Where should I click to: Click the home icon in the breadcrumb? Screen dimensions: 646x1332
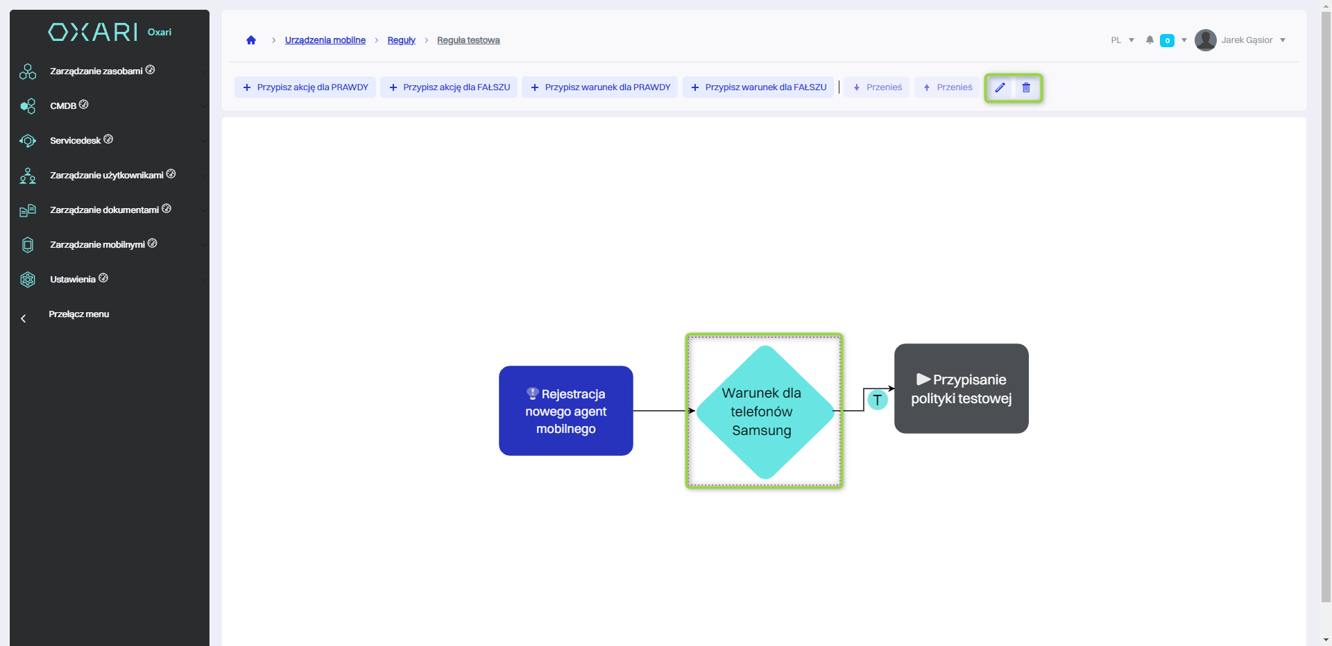251,40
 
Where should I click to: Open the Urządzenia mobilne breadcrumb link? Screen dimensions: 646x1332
325,40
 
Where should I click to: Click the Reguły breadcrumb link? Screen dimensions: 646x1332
401,40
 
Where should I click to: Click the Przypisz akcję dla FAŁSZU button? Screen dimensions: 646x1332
449,87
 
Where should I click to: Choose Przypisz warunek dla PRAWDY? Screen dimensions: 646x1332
600,87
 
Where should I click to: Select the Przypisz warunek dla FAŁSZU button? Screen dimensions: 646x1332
758,87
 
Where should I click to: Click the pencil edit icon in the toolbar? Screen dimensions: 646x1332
1000,87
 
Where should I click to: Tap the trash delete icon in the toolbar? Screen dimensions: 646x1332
1026,87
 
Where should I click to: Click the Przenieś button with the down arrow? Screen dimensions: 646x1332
877,87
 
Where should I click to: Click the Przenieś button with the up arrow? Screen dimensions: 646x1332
947,87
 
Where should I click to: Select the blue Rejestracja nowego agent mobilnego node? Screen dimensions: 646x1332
565,411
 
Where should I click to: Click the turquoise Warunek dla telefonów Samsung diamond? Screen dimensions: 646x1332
764,411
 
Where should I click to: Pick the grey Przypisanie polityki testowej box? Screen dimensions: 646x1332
961,389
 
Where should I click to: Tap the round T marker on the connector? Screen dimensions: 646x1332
878,400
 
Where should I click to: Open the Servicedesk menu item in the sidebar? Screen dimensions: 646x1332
75,141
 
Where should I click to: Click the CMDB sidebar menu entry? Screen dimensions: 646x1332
63,106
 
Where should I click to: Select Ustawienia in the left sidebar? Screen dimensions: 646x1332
72,280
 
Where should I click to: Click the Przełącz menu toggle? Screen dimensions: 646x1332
78,314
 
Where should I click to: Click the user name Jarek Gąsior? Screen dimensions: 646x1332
1247,40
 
